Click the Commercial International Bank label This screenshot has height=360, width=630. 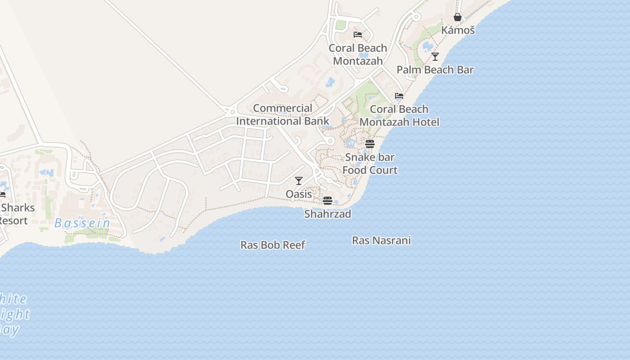click(283, 115)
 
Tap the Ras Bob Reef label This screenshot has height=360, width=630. click(273, 245)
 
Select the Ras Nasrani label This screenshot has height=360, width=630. click(381, 240)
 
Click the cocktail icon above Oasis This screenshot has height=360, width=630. click(299, 181)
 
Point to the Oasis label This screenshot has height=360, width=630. click(299, 194)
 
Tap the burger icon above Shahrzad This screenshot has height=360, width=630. click(328, 201)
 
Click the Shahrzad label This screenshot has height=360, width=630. click(328, 214)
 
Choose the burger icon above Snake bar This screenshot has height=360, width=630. click(370, 144)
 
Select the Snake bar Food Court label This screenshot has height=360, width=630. click(370, 164)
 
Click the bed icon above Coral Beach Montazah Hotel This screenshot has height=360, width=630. click(399, 96)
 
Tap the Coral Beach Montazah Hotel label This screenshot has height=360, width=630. click(399, 116)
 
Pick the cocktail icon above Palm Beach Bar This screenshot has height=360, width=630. click(435, 57)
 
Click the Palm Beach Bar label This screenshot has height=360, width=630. click(435, 70)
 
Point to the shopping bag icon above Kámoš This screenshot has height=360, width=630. click(458, 18)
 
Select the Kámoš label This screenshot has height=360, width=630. click(458, 30)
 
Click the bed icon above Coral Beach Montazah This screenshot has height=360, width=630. click(358, 35)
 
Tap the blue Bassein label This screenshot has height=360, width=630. click(82, 223)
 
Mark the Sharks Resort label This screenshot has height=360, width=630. click(16, 214)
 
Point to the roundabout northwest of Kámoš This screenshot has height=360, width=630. click(417, 17)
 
